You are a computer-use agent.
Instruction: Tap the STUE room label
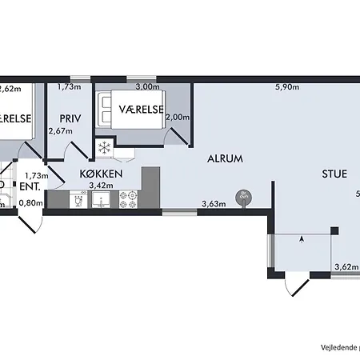point(334,173)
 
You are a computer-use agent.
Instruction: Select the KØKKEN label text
point(100,173)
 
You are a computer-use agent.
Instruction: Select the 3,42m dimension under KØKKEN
point(99,186)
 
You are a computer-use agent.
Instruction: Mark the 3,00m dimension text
point(148,87)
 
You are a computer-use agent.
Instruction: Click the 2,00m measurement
point(177,118)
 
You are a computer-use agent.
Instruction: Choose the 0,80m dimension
point(30,203)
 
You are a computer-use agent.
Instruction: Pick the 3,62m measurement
point(345,267)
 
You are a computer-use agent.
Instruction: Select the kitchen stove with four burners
point(127,200)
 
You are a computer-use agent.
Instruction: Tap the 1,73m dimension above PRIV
point(70,87)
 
